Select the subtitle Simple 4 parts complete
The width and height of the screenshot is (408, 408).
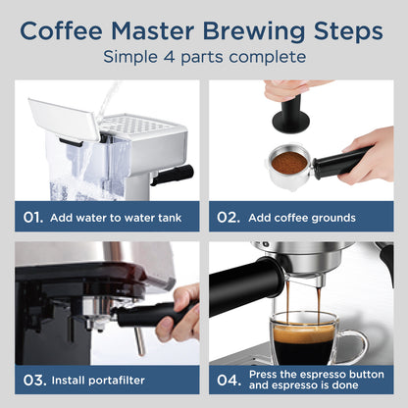coord(203,57)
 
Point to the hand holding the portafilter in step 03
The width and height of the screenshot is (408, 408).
coord(184,312)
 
